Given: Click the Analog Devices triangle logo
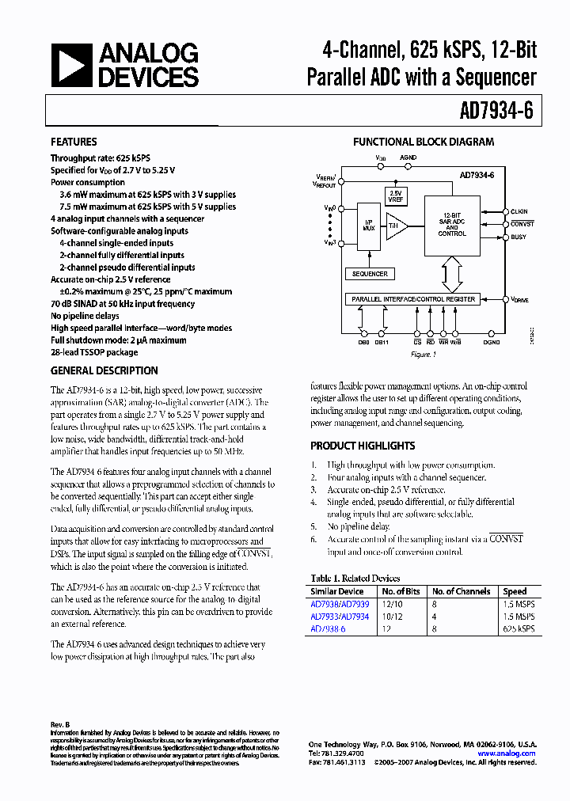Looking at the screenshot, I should (70, 65).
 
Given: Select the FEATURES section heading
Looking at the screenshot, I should (74, 142).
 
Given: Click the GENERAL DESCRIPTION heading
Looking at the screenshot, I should (104, 370).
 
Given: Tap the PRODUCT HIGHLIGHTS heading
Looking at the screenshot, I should (363, 446).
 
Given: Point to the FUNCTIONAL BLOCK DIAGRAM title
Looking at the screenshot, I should (423, 142).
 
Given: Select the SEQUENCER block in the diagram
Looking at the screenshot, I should (370, 274).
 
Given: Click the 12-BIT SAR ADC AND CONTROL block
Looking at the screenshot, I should (451, 224).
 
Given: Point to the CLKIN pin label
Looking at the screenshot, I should (519, 211).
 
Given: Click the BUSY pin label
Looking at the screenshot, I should (518, 237).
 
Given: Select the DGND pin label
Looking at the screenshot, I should (492, 343).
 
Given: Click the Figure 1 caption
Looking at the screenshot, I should (423, 355).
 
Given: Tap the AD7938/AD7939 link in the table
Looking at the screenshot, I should (340, 605).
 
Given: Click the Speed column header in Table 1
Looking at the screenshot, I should (515, 591).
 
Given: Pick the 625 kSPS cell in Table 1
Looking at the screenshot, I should (519, 629).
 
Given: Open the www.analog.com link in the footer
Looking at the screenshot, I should (507, 754).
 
